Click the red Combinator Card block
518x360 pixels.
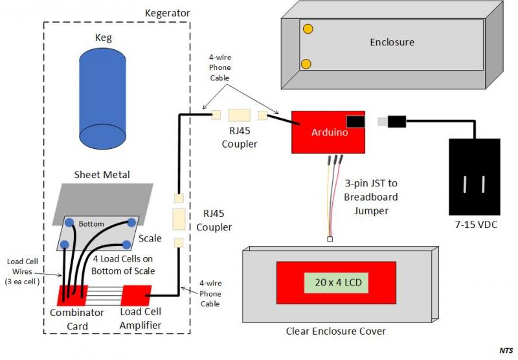click(x=73, y=295)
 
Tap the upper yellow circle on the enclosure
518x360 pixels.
click(x=309, y=29)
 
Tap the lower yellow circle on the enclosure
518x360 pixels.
click(x=309, y=63)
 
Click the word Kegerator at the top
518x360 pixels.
click(x=167, y=12)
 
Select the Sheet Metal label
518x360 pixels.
click(x=102, y=174)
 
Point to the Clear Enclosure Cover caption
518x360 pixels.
click(x=335, y=332)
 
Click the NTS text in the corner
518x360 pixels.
click(x=506, y=351)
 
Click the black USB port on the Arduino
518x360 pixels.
click(x=355, y=121)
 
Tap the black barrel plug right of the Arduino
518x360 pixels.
click(x=396, y=121)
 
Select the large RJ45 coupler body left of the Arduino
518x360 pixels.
click(x=239, y=115)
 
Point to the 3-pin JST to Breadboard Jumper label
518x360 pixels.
click(x=371, y=196)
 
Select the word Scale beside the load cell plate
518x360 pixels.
click(x=150, y=238)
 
